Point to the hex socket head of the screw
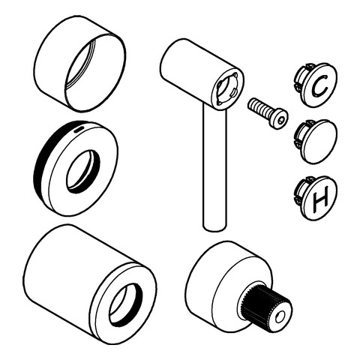(280, 118)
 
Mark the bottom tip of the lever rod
(213, 227)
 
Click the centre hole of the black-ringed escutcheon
(81, 170)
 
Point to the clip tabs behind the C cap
(300, 78)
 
